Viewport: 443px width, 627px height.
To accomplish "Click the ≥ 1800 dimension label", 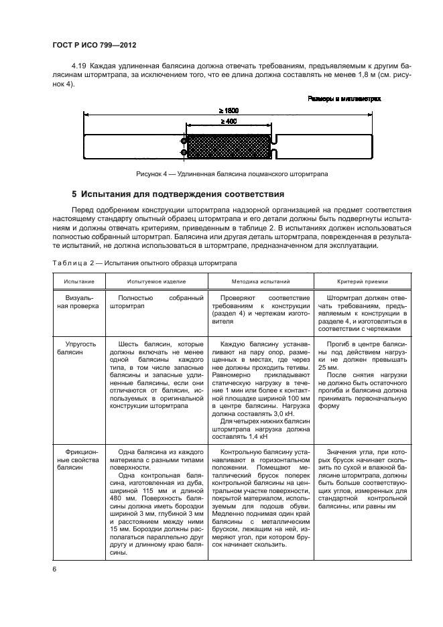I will pos(228,110).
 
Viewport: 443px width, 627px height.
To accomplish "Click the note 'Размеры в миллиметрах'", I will pos(344,98).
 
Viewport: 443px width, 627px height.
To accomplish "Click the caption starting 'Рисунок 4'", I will pos(231,174).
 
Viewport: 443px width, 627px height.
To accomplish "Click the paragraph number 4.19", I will pos(80,68).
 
